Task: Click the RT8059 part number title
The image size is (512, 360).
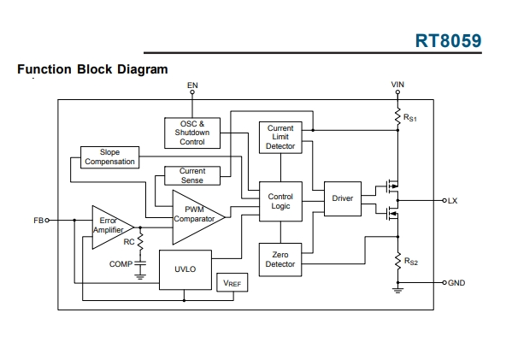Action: coord(449,41)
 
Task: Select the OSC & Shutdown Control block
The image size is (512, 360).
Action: coord(192,133)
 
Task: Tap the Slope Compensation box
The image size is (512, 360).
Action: coord(109,157)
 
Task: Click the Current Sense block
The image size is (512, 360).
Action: coord(192,176)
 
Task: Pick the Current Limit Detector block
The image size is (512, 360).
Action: coord(280,138)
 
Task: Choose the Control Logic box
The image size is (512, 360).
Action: coord(280,201)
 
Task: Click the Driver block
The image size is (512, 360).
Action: coord(343,198)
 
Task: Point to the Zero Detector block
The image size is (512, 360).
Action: coord(280,260)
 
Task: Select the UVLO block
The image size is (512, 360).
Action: coord(185,270)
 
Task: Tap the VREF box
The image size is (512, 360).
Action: coord(232,282)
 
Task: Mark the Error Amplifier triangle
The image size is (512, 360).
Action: coord(113,227)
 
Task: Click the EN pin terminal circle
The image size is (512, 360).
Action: coord(192,92)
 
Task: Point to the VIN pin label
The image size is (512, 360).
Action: coord(397,85)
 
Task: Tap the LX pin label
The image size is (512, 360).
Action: coord(452,201)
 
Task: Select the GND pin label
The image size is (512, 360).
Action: coord(456,282)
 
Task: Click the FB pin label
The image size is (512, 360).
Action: coord(38,221)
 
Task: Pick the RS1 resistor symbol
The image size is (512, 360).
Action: coord(397,117)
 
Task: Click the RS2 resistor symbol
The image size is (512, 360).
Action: coord(397,261)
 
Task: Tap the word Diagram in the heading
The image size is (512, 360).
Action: coord(143,69)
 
